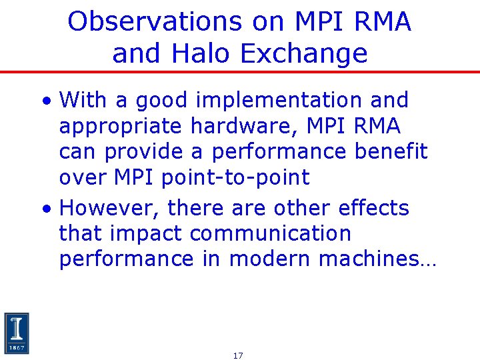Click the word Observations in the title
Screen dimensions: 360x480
coord(154,22)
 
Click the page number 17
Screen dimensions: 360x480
coord(238,356)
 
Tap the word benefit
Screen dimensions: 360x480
coord(391,152)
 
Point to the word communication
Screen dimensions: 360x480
coord(270,234)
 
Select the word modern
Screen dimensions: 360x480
coord(270,259)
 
